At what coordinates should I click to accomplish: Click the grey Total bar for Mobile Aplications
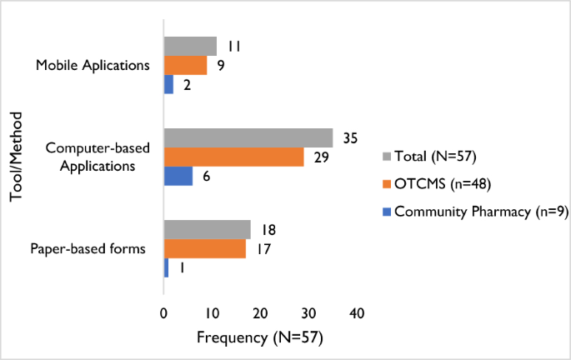point(190,46)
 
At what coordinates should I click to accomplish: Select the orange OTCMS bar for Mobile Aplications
point(185,65)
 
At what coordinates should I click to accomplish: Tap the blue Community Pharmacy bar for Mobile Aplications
point(168,84)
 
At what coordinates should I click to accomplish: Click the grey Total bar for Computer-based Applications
point(248,138)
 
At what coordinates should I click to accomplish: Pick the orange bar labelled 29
point(233,157)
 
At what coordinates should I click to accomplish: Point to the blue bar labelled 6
point(178,176)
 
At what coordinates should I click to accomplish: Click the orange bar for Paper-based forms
point(204,249)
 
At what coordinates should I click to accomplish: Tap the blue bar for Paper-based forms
point(166,267)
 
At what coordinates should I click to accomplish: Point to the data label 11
point(234,46)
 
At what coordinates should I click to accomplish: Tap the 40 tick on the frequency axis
point(357,312)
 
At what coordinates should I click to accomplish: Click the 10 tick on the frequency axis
point(212,312)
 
